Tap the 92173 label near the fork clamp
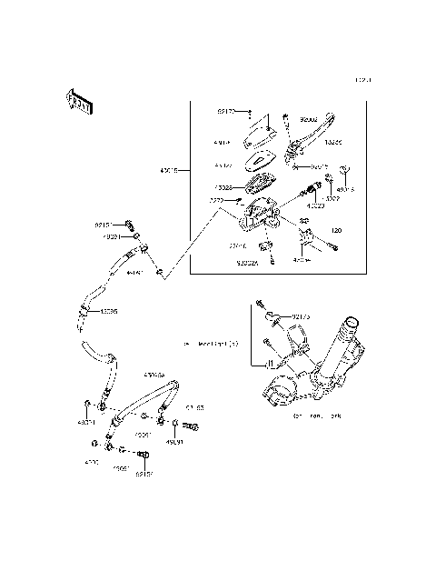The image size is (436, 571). tap(301, 317)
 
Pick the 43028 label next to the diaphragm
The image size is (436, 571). tap(223, 188)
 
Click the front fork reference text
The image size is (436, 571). tap(310, 417)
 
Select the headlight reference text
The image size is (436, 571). tap(210, 344)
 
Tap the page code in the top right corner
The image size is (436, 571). tap(363, 80)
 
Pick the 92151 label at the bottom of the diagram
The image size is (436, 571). tap(144, 474)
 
